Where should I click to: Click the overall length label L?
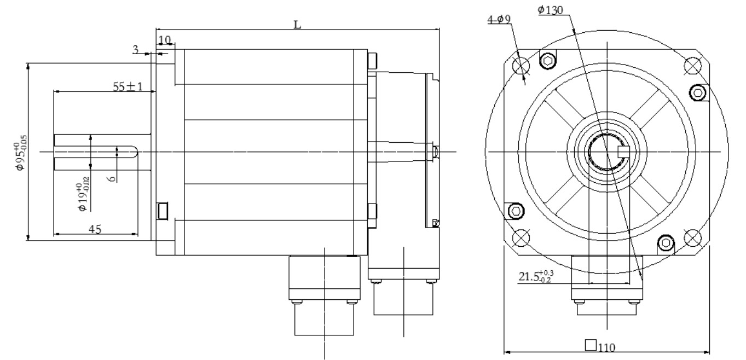click(x=297, y=24)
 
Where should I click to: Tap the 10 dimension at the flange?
click(x=165, y=40)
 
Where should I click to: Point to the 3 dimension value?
click(x=135, y=50)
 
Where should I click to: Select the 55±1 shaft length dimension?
click(x=128, y=86)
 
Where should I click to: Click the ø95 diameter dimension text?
click(x=21, y=153)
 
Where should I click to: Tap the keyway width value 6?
click(x=112, y=178)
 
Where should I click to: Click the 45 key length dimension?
click(x=95, y=229)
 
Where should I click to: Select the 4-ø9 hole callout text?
click(x=499, y=19)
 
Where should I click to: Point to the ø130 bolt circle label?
click(x=550, y=10)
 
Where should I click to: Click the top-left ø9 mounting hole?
click(x=521, y=65)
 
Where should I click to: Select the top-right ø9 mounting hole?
click(x=692, y=66)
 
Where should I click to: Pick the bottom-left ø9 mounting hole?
click(x=521, y=237)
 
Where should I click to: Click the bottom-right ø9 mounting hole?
click(x=692, y=237)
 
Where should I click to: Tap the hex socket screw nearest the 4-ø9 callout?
click(x=547, y=61)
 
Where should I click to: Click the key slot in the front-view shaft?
click(x=623, y=152)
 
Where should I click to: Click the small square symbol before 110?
click(x=591, y=345)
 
